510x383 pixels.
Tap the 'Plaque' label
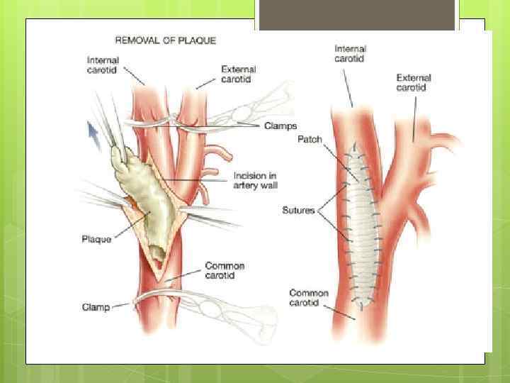(96, 239)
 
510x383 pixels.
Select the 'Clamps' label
(280, 126)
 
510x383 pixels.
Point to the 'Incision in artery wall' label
(255, 180)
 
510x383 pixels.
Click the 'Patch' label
(310, 140)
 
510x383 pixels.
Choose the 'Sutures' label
(298, 210)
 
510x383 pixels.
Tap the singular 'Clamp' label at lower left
(96, 306)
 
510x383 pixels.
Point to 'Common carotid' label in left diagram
(225, 271)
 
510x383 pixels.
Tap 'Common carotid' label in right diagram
(309, 298)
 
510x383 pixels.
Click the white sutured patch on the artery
(361, 227)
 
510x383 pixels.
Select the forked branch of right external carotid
(443, 142)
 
